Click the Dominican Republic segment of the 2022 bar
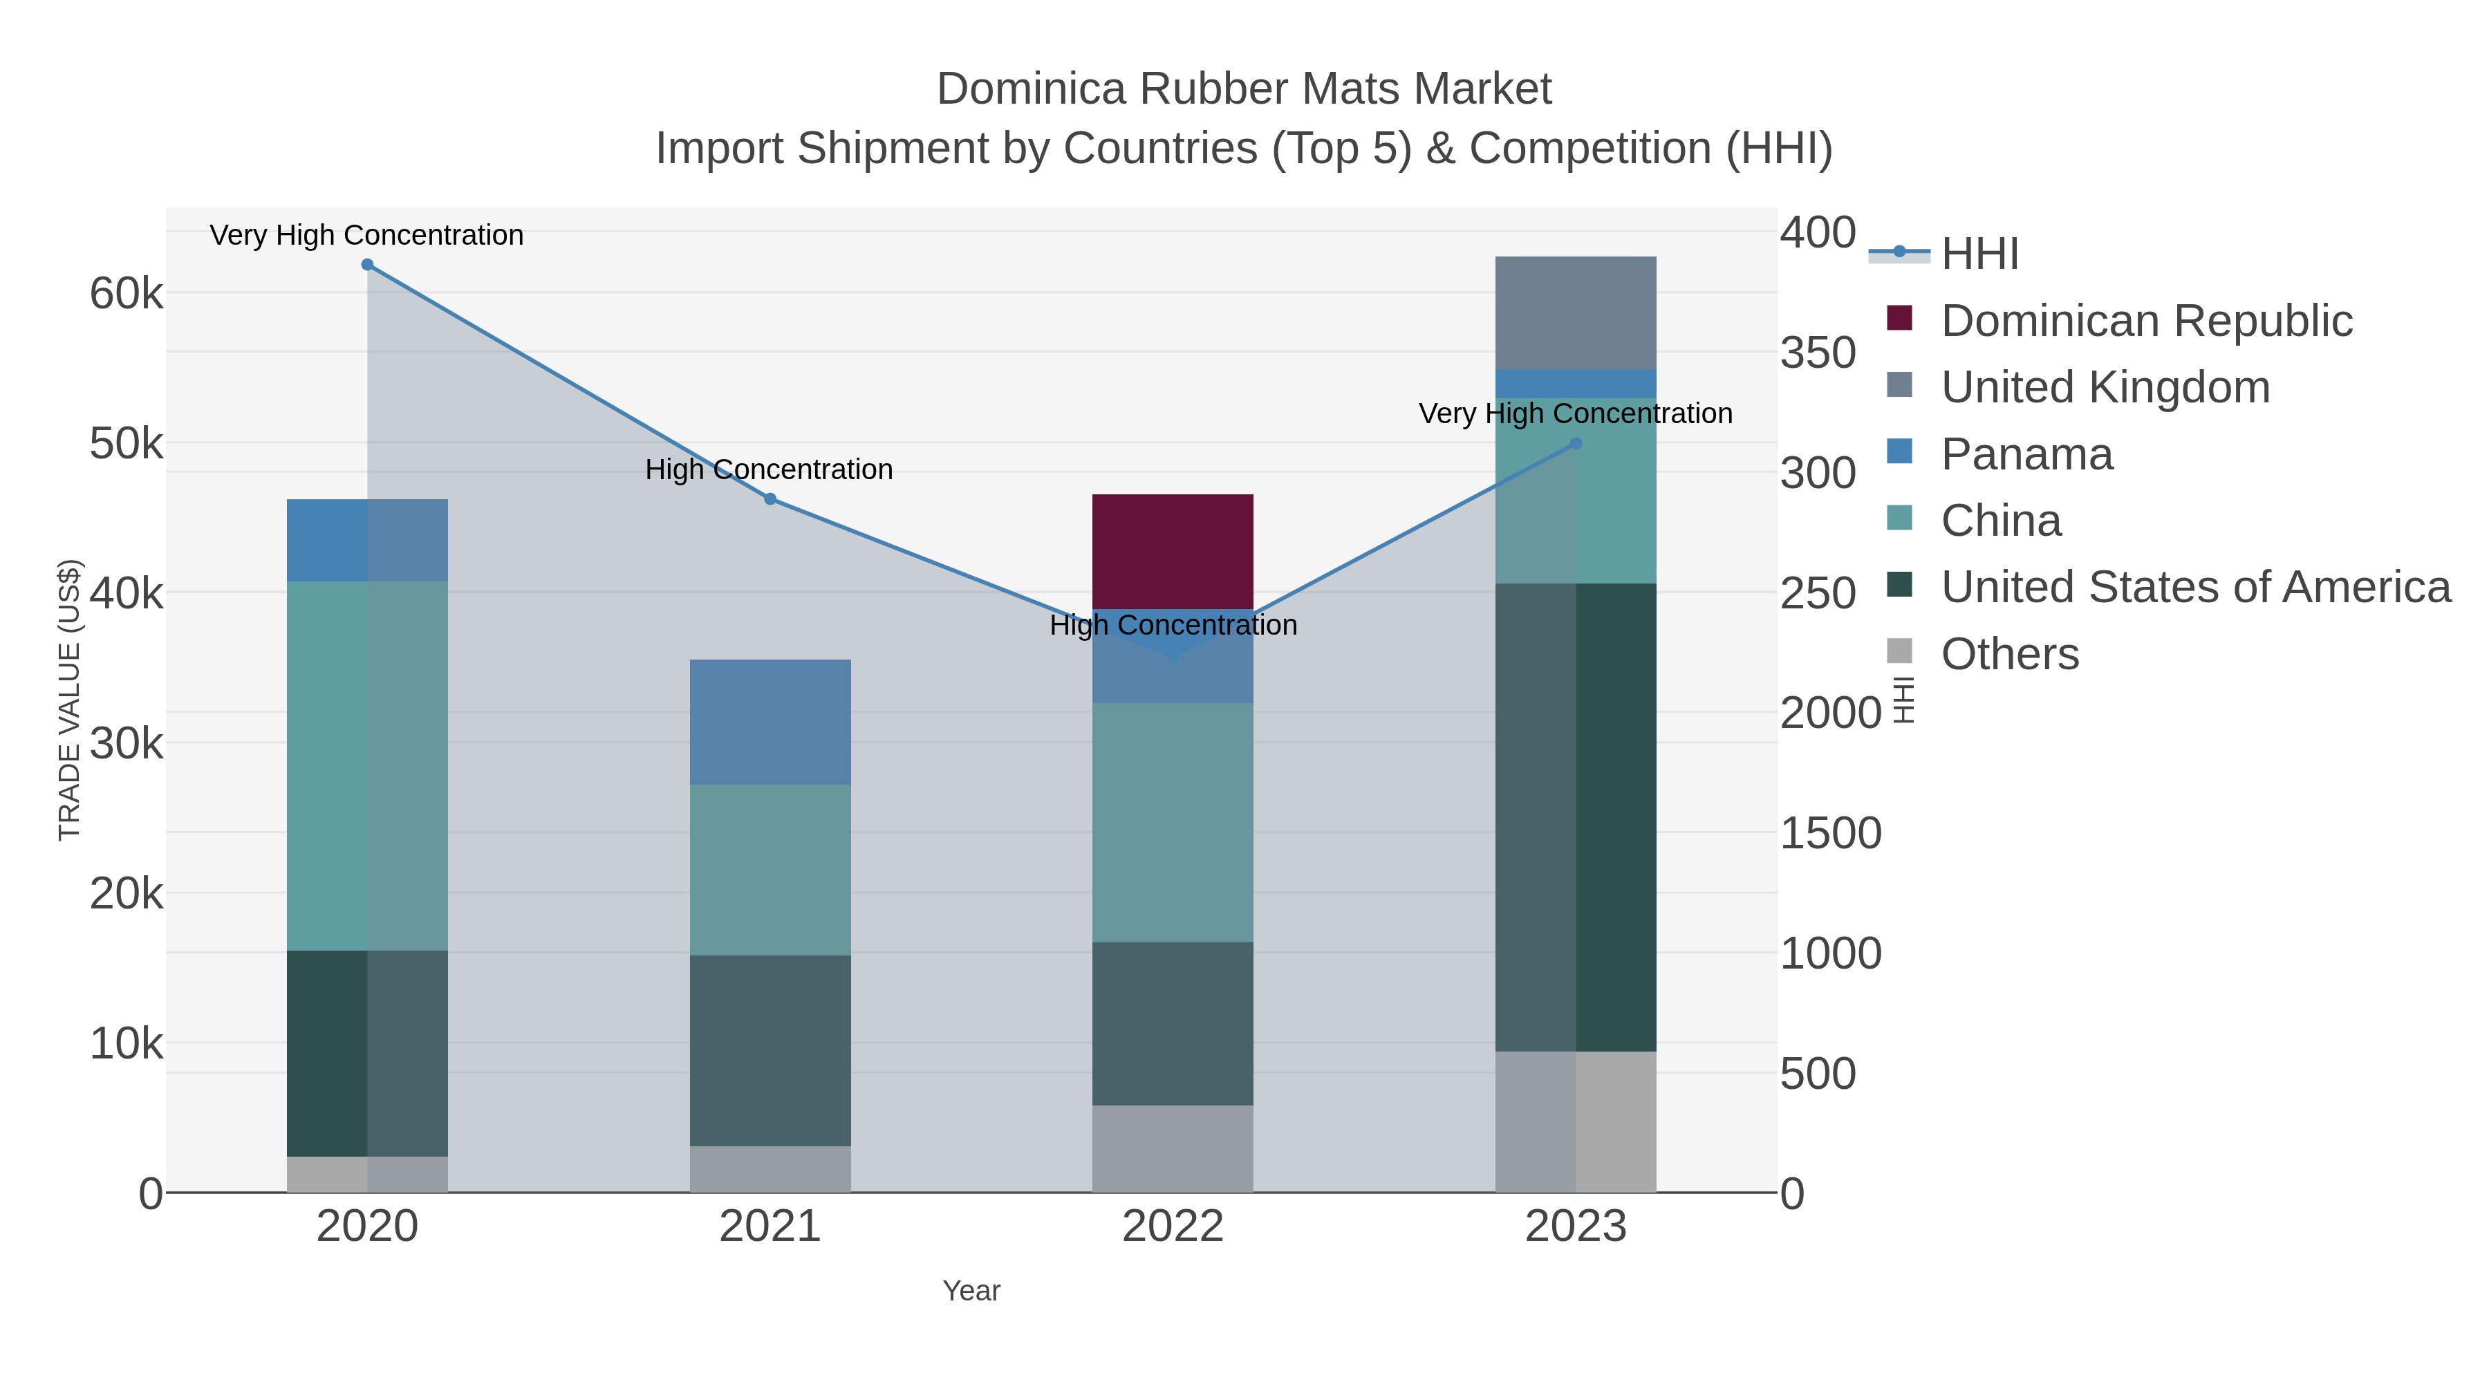pyautogui.click(x=1172, y=551)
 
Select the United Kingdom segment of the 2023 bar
pyautogui.click(x=1575, y=312)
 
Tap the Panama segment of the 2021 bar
pyautogui.click(x=770, y=722)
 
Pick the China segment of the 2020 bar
pyautogui.click(x=367, y=765)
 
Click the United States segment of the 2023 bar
pyautogui.click(x=1575, y=816)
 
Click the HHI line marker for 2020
pyautogui.click(x=367, y=265)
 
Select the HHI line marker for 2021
pyautogui.click(x=770, y=498)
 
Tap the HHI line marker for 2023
pyautogui.click(x=1575, y=443)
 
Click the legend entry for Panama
pyautogui.click(x=2026, y=454)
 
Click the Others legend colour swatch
pyautogui.click(x=1899, y=652)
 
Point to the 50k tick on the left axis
pyautogui.click(x=127, y=445)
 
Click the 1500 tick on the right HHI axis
pyautogui.click(x=1830, y=833)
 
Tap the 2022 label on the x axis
pyautogui.click(x=1172, y=1226)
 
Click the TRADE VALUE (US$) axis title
pyautogui.click(x=70, y=700)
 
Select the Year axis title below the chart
pyautogui.click(x=971, y=1290)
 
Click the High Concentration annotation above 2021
pyautogui.click(x=769, y=469)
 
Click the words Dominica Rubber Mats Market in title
pyautogui.click(x=1244, y=89)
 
